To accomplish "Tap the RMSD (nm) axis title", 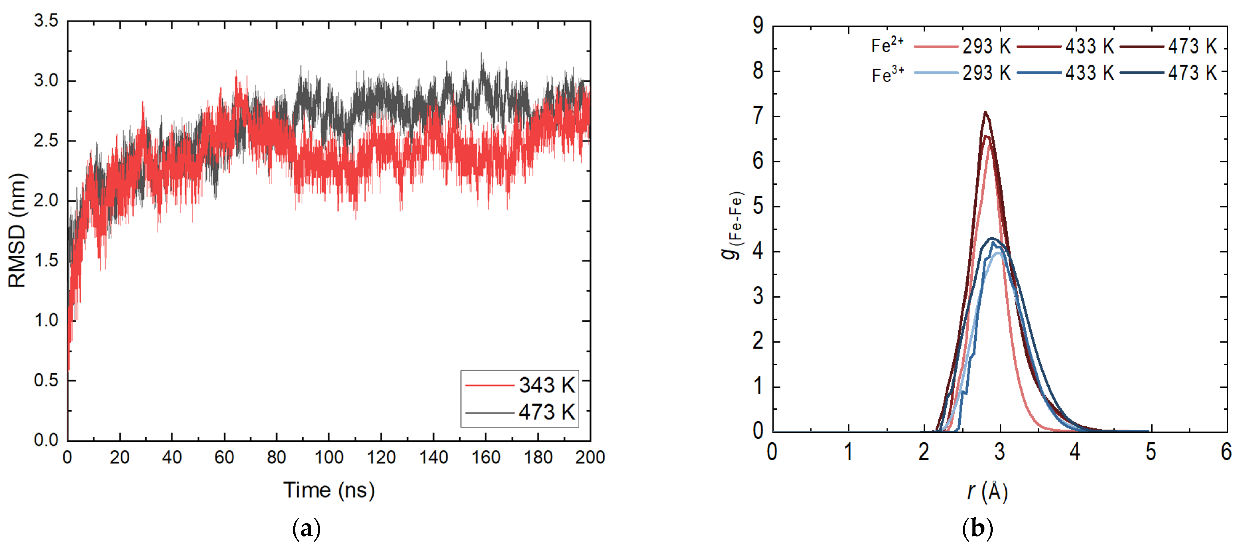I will click(x=17, y=230).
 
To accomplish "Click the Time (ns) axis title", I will click(x=328, y=490).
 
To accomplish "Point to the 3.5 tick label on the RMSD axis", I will click(x=46, y=21).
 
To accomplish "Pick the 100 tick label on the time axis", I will click(x=328, y=457).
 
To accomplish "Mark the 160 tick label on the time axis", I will click(x=485, y=457).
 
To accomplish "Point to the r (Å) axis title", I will click(x=987, y=492).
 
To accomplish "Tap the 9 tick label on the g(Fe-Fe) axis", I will click(x=758, y=25).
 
